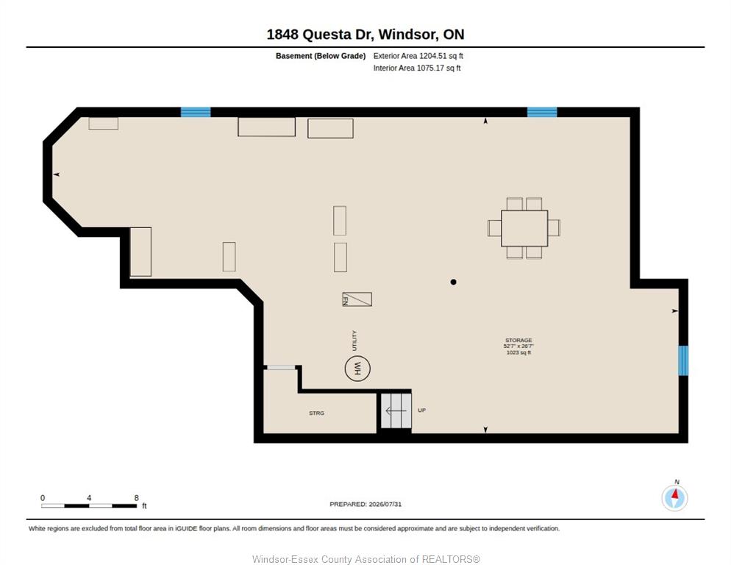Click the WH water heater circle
coord(357,369)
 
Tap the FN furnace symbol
coord(357,299)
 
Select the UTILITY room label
coord(354,341)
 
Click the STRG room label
coord(316,413)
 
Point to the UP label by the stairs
coord(421,410)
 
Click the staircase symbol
coord(396,411)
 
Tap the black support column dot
coord(453,282)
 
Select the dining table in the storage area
coord(524,228)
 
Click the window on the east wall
coord(683,360)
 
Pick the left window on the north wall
coord(196,112)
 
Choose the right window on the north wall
coord(542,112)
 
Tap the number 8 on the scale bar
coord(136,498)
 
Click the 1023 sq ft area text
coord(518,352)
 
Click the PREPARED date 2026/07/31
coord(385,505)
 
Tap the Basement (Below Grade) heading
coord(321,56)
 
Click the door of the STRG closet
coord(281,368)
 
